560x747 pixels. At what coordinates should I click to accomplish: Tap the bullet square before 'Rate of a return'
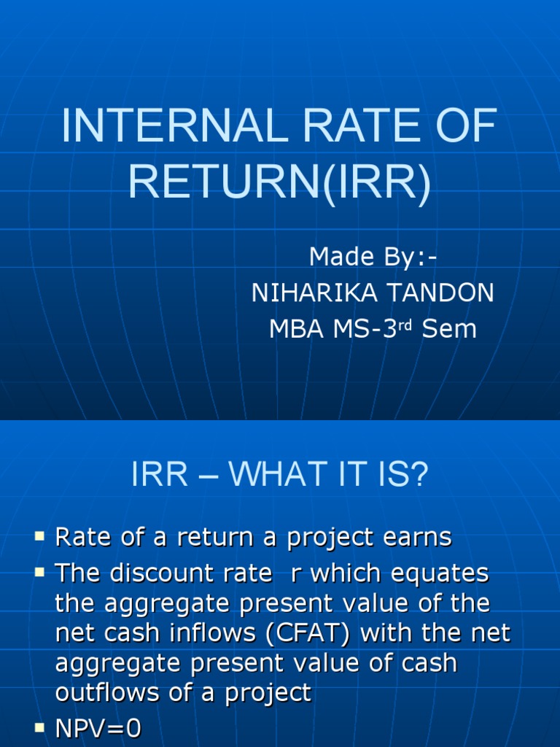click(x=39, y=538)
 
